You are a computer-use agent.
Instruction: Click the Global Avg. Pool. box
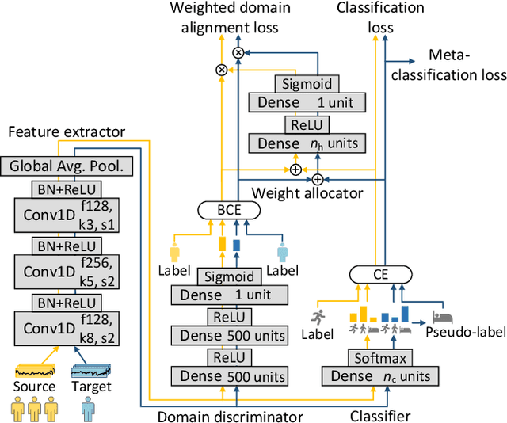[68, 166]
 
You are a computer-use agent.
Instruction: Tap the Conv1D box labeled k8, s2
[68, 326]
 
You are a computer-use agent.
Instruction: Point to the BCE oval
[229, 211]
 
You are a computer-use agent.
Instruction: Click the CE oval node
[380, 276]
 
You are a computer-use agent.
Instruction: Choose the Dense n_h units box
[306, 143]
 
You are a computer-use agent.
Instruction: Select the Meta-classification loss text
[466, 66]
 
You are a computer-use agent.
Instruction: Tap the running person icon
[318, 314]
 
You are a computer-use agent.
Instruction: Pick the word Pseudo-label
[464, 333]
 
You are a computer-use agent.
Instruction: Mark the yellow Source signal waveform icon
[32, 368]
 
